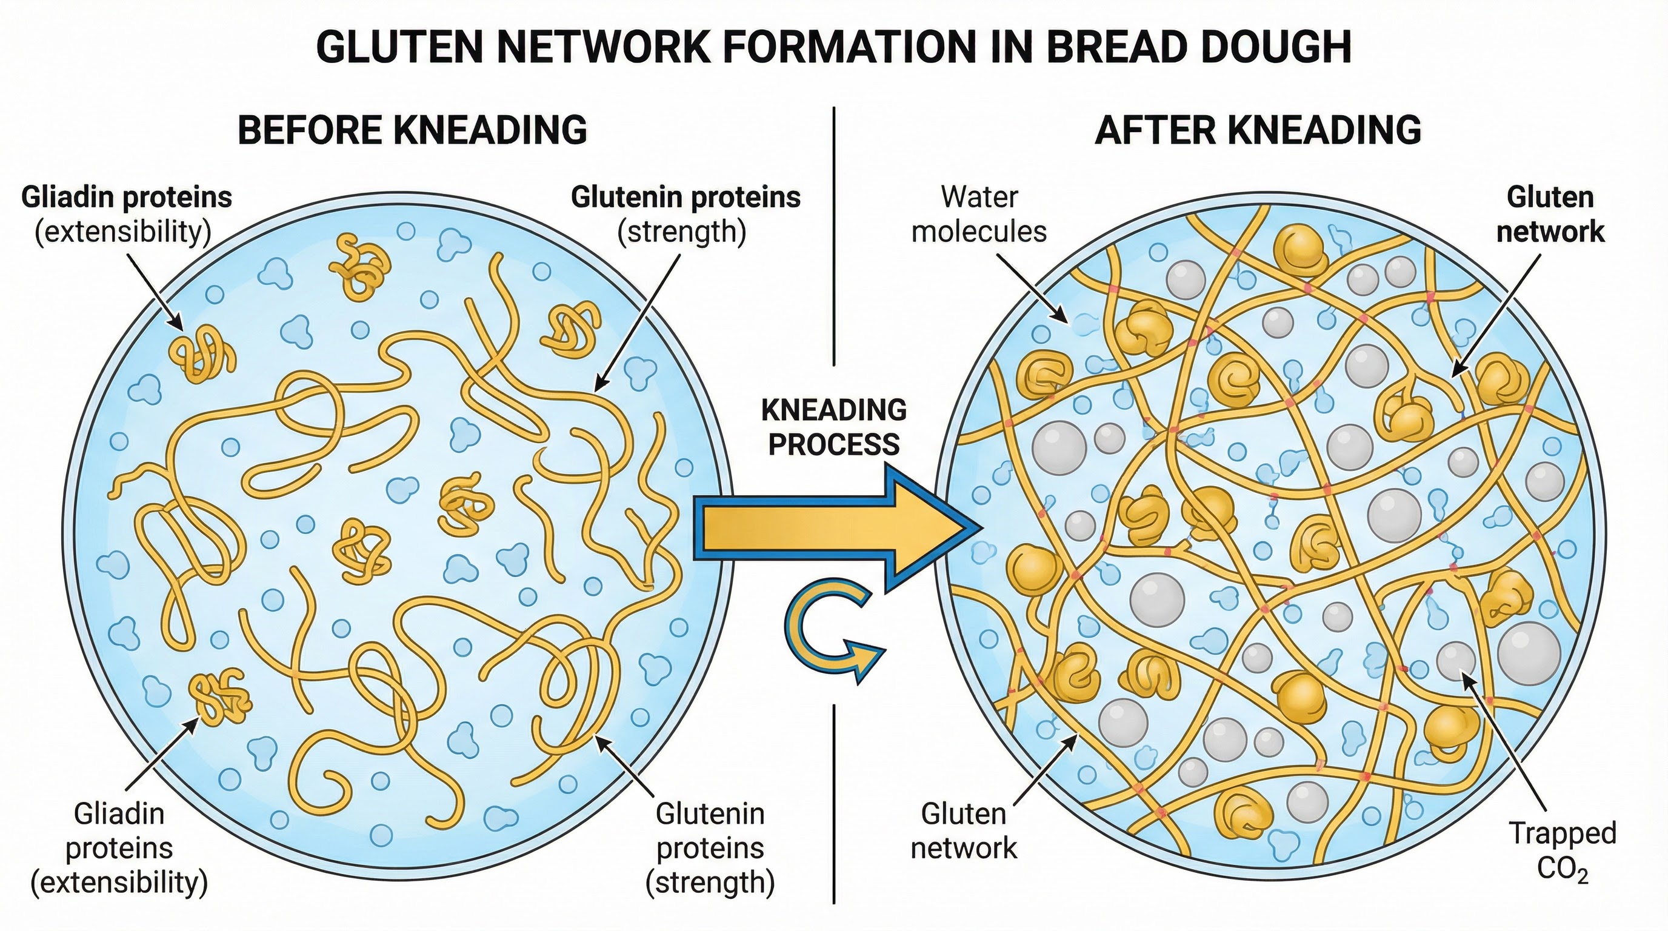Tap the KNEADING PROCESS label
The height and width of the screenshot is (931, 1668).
[x=833, y=427]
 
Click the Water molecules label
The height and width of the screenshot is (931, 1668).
[x=978, y=213]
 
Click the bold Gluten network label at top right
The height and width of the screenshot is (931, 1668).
[x=1550, y=213]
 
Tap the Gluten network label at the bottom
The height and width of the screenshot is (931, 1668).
[x=964, y=830]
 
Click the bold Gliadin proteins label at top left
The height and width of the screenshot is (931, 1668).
[x=126, y=197]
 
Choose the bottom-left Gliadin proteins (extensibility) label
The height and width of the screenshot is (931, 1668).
[x=119, y=848]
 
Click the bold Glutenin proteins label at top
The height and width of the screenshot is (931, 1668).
[x=685, y=197]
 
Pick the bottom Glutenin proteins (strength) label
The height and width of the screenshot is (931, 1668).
[x=710, y=848]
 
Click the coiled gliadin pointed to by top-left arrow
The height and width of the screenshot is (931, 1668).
[x=201, y=353]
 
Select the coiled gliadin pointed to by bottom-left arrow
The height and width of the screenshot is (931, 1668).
[x=220, y=696]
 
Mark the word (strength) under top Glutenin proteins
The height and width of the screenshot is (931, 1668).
[x=681, y=232]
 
